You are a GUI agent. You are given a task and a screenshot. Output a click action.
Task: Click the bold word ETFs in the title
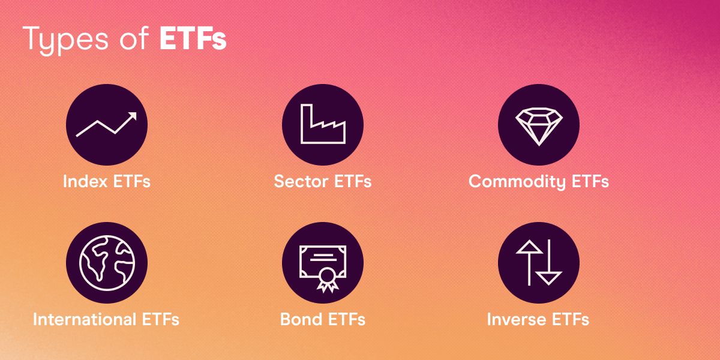pyautogui.click(x=193, y=38)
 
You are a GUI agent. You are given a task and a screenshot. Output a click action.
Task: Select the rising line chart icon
pyautogui.click(x=107, y=125)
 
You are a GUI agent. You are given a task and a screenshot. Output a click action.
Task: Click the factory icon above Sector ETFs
pyautogui.click(x=323, y=125)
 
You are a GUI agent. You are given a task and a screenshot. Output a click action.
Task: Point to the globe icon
pyautogui.click(x=107, y=263)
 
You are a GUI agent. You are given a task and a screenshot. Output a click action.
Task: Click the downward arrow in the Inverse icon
pyautogui.click(x=548, y=263)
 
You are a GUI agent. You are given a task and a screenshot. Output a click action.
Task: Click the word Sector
pyautogui.click(x=300, y=181)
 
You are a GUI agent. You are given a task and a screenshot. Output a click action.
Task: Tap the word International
pyautogui.click(x=85, y=319)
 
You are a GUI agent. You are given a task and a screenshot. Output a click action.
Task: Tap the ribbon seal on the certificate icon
pyautogui.click(x=327, y=278)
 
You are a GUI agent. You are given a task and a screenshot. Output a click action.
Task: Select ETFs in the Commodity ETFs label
pyautogui.click(x=589, y=181)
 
